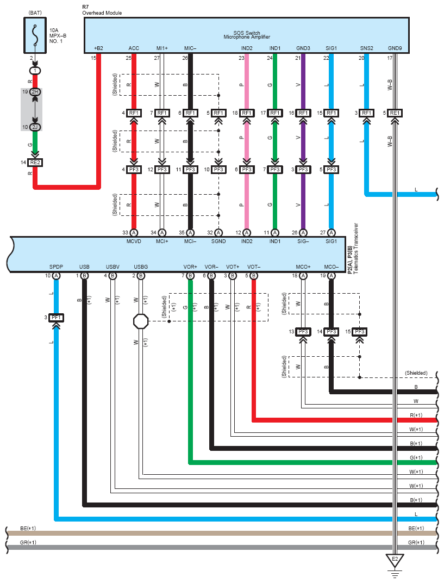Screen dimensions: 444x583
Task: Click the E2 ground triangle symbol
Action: [395, 560]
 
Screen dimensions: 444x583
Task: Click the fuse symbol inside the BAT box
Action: [35, 36]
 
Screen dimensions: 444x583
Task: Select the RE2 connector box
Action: [35, 163]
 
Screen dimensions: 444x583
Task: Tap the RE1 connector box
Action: [395, 113]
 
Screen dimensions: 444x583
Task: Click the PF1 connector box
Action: [56, 318]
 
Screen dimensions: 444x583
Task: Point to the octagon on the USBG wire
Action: [141, 321]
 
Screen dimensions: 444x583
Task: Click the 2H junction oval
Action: [35, 92]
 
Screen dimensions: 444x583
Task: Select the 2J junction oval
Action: [35, 127]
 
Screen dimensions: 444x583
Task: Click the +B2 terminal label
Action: [98, 48]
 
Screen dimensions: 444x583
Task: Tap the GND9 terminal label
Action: [395, 48]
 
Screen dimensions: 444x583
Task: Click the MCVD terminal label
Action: [134, 241]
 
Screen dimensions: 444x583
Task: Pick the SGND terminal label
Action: [218, 241]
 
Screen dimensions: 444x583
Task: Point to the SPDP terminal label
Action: [56, 267]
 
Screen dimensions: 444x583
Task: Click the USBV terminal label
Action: [112, 267]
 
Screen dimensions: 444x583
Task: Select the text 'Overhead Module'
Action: [102, 13]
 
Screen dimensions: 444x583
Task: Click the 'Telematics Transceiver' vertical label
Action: [356, 249]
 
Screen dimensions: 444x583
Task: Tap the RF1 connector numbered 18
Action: [247, 113]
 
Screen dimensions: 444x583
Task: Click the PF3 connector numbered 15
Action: [360, 332]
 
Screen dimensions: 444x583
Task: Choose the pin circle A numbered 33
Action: [134, 233]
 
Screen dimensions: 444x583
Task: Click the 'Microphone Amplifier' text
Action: [247, 37]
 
